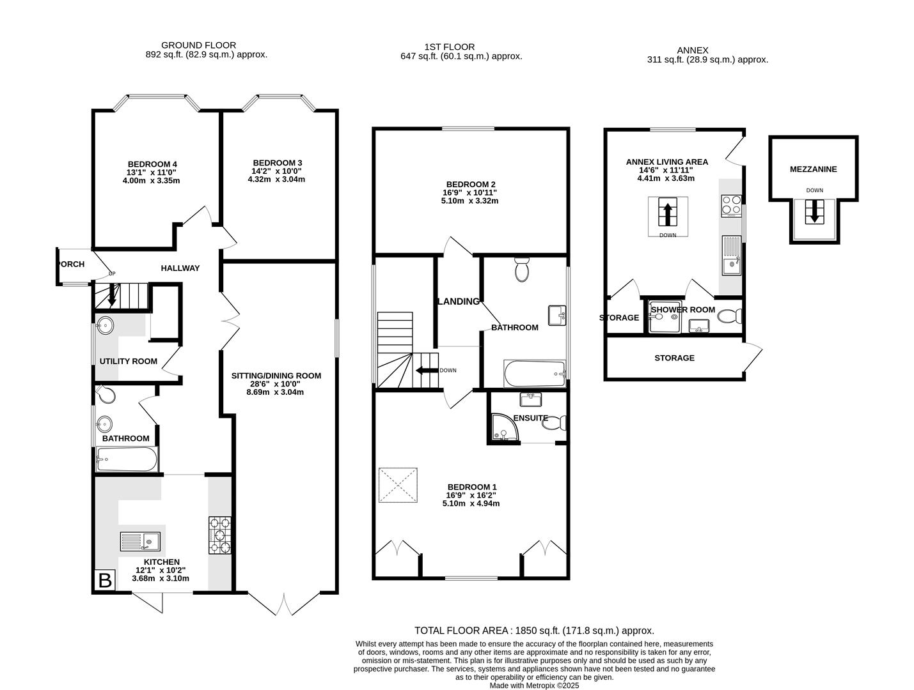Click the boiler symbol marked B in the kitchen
(x=104, y=581)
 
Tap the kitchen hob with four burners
(x=220, y=535)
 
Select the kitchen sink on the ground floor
(x=140, y=542)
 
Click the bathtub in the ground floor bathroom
(x=126, y=459)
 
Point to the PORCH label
(x=70, y=264)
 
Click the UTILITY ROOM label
(x=128, y=361)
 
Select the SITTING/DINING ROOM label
(x=276, y=376)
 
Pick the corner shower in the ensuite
(x=504, y=428)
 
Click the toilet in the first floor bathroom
(x=522, y=270)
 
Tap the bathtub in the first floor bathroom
(x=535, y=374)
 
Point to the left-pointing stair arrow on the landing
(x=424, y=370)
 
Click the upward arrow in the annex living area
(x=668, y=213)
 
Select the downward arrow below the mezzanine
(x=814, y=211)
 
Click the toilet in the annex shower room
(x=729, y=316)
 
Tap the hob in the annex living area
(x=730, y=206)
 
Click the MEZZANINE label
(x=813, y=169)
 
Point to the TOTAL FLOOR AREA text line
(x=534, y=631)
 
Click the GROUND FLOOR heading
(x=198, y=45)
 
